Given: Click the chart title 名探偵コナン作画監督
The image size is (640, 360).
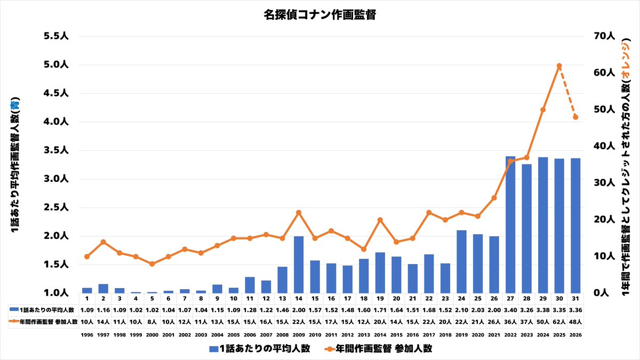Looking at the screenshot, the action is (319, 15).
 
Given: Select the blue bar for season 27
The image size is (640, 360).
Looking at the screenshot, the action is (510, 225).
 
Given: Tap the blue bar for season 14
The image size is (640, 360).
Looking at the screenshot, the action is (299, 265).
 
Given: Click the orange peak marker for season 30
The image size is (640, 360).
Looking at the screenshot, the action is (559, 66).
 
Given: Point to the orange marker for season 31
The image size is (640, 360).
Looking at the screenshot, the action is (575, 117).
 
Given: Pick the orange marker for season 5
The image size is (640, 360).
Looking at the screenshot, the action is (152, 263).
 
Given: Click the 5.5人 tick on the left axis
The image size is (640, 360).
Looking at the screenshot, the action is (56, 36).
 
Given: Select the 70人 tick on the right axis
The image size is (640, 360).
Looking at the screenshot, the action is (604, 36).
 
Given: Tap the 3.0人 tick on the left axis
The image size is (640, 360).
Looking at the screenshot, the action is (56, 179).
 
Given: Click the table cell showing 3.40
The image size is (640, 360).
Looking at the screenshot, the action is (510, 310).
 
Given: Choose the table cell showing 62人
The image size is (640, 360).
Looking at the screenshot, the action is (559, 322).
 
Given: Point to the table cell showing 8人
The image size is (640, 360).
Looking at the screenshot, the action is (152, 322).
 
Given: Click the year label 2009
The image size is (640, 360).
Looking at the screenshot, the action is (299, 335).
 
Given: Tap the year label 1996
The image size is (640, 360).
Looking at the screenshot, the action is (87, 335).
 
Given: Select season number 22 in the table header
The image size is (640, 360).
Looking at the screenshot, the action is (429, 299).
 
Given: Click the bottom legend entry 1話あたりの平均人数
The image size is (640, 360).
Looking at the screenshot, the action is (260, 349).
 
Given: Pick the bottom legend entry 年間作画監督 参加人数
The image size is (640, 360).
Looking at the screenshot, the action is (379, 349).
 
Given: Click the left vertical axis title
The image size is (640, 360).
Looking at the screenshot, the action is (15, 165).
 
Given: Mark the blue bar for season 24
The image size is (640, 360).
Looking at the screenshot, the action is (461, 262).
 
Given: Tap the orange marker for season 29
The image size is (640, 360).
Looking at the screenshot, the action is (543, 110).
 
